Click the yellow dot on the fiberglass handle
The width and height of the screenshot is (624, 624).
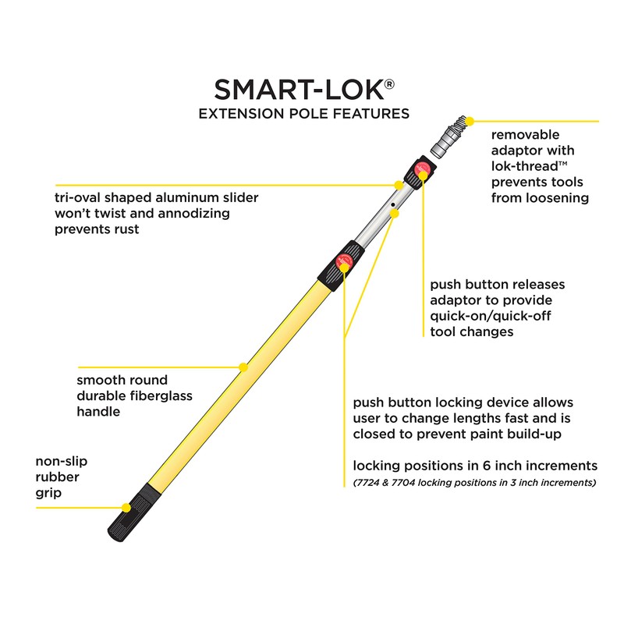(243, 365)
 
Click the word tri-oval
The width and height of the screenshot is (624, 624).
(80, 197)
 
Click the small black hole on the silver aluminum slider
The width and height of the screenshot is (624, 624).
(394, 206)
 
